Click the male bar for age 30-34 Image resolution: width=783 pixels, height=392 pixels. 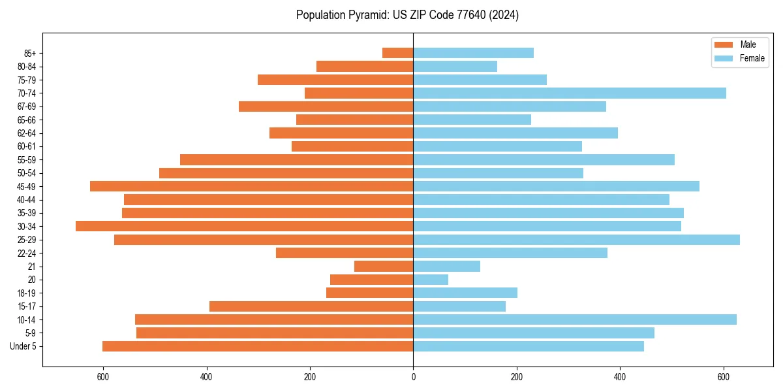click(245, 226)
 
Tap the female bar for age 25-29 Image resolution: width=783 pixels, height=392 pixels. click(576, 240)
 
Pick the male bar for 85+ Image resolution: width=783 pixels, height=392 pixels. click(398, 53)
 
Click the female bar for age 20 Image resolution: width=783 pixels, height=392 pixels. click(431, 280)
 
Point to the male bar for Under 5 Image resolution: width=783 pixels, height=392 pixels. click(258, 346)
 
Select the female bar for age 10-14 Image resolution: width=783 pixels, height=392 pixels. click(575, 319)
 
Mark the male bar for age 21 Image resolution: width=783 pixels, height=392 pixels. click(384, 267)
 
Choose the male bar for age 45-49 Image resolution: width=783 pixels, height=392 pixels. click(252, 186)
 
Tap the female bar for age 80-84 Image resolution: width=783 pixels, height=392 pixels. click(455, 66)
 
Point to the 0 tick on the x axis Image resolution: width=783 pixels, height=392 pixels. click(413, 377)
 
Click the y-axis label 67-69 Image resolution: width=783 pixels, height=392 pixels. click(27, 106)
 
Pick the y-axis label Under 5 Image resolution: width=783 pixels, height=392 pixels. click(23, 346)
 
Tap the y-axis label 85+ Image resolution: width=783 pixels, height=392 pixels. click(31, 53)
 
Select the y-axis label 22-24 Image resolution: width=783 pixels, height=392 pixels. click(27, 253)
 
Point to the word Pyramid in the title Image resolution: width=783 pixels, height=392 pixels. click(367, 15)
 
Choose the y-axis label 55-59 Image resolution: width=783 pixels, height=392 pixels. click(27, 160)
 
